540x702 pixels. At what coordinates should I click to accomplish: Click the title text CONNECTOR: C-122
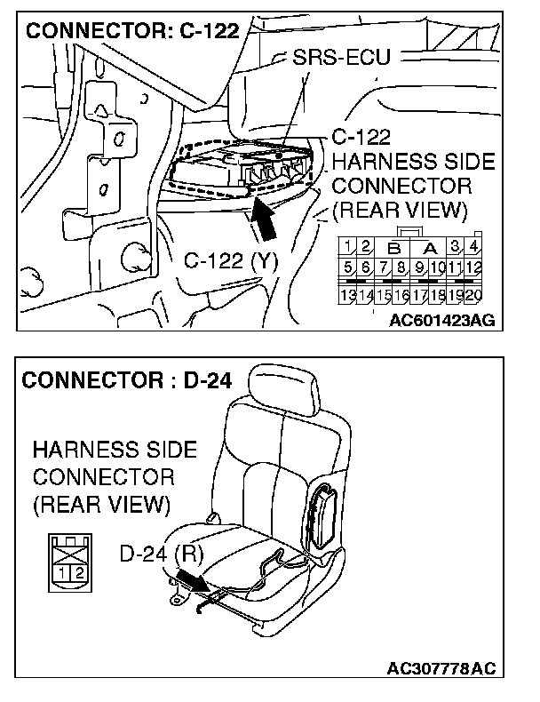point(134,31)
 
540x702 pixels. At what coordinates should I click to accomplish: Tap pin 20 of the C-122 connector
point(473,294)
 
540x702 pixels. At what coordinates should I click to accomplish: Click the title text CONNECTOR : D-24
point(126,382)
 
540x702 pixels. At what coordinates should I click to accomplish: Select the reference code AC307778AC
point(441,668)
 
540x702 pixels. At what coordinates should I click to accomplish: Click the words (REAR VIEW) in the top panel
point(400,211)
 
